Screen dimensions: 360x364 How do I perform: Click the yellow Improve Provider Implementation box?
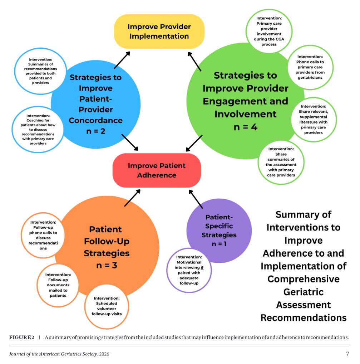tap(159, 31)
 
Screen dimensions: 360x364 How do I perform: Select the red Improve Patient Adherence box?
tap(157, 170)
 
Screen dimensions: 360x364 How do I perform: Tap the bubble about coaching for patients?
tap(38, 130)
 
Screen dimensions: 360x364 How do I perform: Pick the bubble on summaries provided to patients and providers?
tap(40, 71)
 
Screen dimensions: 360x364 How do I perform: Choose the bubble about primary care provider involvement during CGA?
tap(269, 31)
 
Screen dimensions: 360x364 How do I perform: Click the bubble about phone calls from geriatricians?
tap(310, 67)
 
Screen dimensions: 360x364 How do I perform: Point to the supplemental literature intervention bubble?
tap(314, 119)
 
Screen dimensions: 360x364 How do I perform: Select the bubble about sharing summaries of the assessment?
tap(281, 162)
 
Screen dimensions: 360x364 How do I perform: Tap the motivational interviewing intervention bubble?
tap(189, 270)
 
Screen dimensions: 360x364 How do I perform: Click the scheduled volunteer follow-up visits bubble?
tap(107, 306)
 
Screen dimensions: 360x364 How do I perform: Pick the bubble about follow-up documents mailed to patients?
tap(58, 285)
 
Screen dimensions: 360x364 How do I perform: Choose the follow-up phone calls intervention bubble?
tap(43, 235)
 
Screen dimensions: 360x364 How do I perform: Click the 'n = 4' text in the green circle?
tap(246, 127)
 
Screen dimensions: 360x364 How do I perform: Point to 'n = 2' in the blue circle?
tap(96, 131)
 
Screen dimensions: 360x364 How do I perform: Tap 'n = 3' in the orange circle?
tap(107, 265)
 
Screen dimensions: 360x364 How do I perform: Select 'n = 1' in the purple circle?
tap(219, 244)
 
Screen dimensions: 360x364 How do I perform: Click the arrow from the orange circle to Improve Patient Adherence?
tap(132, 198)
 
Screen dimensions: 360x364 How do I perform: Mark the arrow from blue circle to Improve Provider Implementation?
tap(122, 60)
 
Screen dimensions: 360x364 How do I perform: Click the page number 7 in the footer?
tap(347, 354)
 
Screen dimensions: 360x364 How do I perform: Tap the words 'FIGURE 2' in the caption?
tap(22, 337)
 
